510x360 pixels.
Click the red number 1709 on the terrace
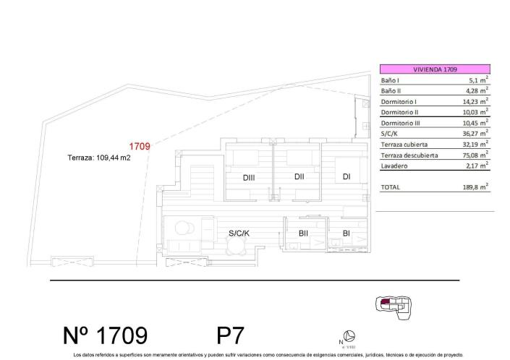coord(139,147)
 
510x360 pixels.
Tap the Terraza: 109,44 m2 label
coord(99,158)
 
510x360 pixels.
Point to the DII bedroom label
coord(299,177)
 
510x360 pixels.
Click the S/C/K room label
coord(239,233)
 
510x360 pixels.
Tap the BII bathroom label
coord(304,233)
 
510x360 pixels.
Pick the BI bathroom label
coord(347,233)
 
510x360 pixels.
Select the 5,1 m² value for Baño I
coord(476,81)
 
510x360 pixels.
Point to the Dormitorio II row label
coord(399,113)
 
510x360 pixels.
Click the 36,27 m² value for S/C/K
coord(474,134)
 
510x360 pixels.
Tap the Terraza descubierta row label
coord(409,155)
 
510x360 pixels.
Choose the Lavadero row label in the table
coord(395,166)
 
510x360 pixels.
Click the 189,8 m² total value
coord(474,187)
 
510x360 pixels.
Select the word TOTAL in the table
coord(391,187)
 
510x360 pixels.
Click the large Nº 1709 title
coord(106,335)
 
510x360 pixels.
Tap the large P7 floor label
coord(230,335)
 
